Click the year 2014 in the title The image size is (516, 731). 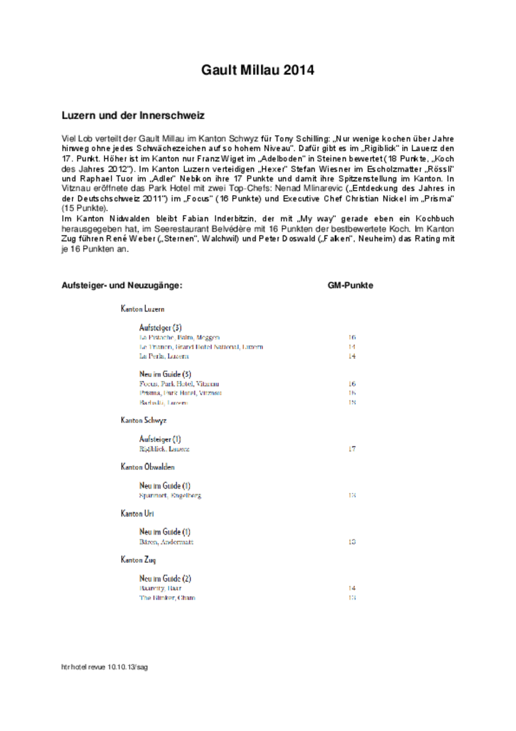(299, 71)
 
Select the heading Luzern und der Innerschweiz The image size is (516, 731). (133, 116)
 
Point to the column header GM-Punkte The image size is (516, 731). (351, 285)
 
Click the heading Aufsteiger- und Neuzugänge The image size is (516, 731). (122, 285)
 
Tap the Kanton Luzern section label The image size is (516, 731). (143, 309)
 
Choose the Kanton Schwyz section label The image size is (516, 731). (143, 419)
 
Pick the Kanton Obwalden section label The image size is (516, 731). (148, 467)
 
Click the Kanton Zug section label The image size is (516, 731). (138, 560)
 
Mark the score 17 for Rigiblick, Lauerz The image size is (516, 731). (352, 449)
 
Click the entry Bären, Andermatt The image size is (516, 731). (166, 541)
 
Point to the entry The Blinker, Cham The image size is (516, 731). (167, 598)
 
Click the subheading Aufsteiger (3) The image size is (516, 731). (160, 327)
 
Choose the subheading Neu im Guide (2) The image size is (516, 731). (165, 578)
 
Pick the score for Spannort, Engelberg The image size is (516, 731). (352, 496)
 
